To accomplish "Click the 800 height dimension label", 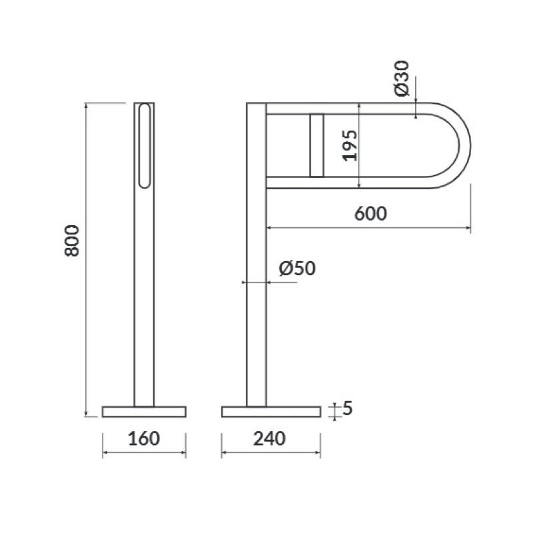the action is (x=72, y=241).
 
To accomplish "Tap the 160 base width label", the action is (x=144, y=438).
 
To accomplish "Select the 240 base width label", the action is (x=270, y=438).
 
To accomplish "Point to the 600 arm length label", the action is (x=370, y=213).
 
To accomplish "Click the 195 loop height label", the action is (x=350, y=145).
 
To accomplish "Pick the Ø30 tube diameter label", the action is (x=402, y=78).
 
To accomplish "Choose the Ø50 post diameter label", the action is (x=297, y=268).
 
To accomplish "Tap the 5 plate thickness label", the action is (x=347, y=408).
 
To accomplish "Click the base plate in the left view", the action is (x=144, y=412).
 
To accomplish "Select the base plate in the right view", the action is (x=271, y=412).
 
